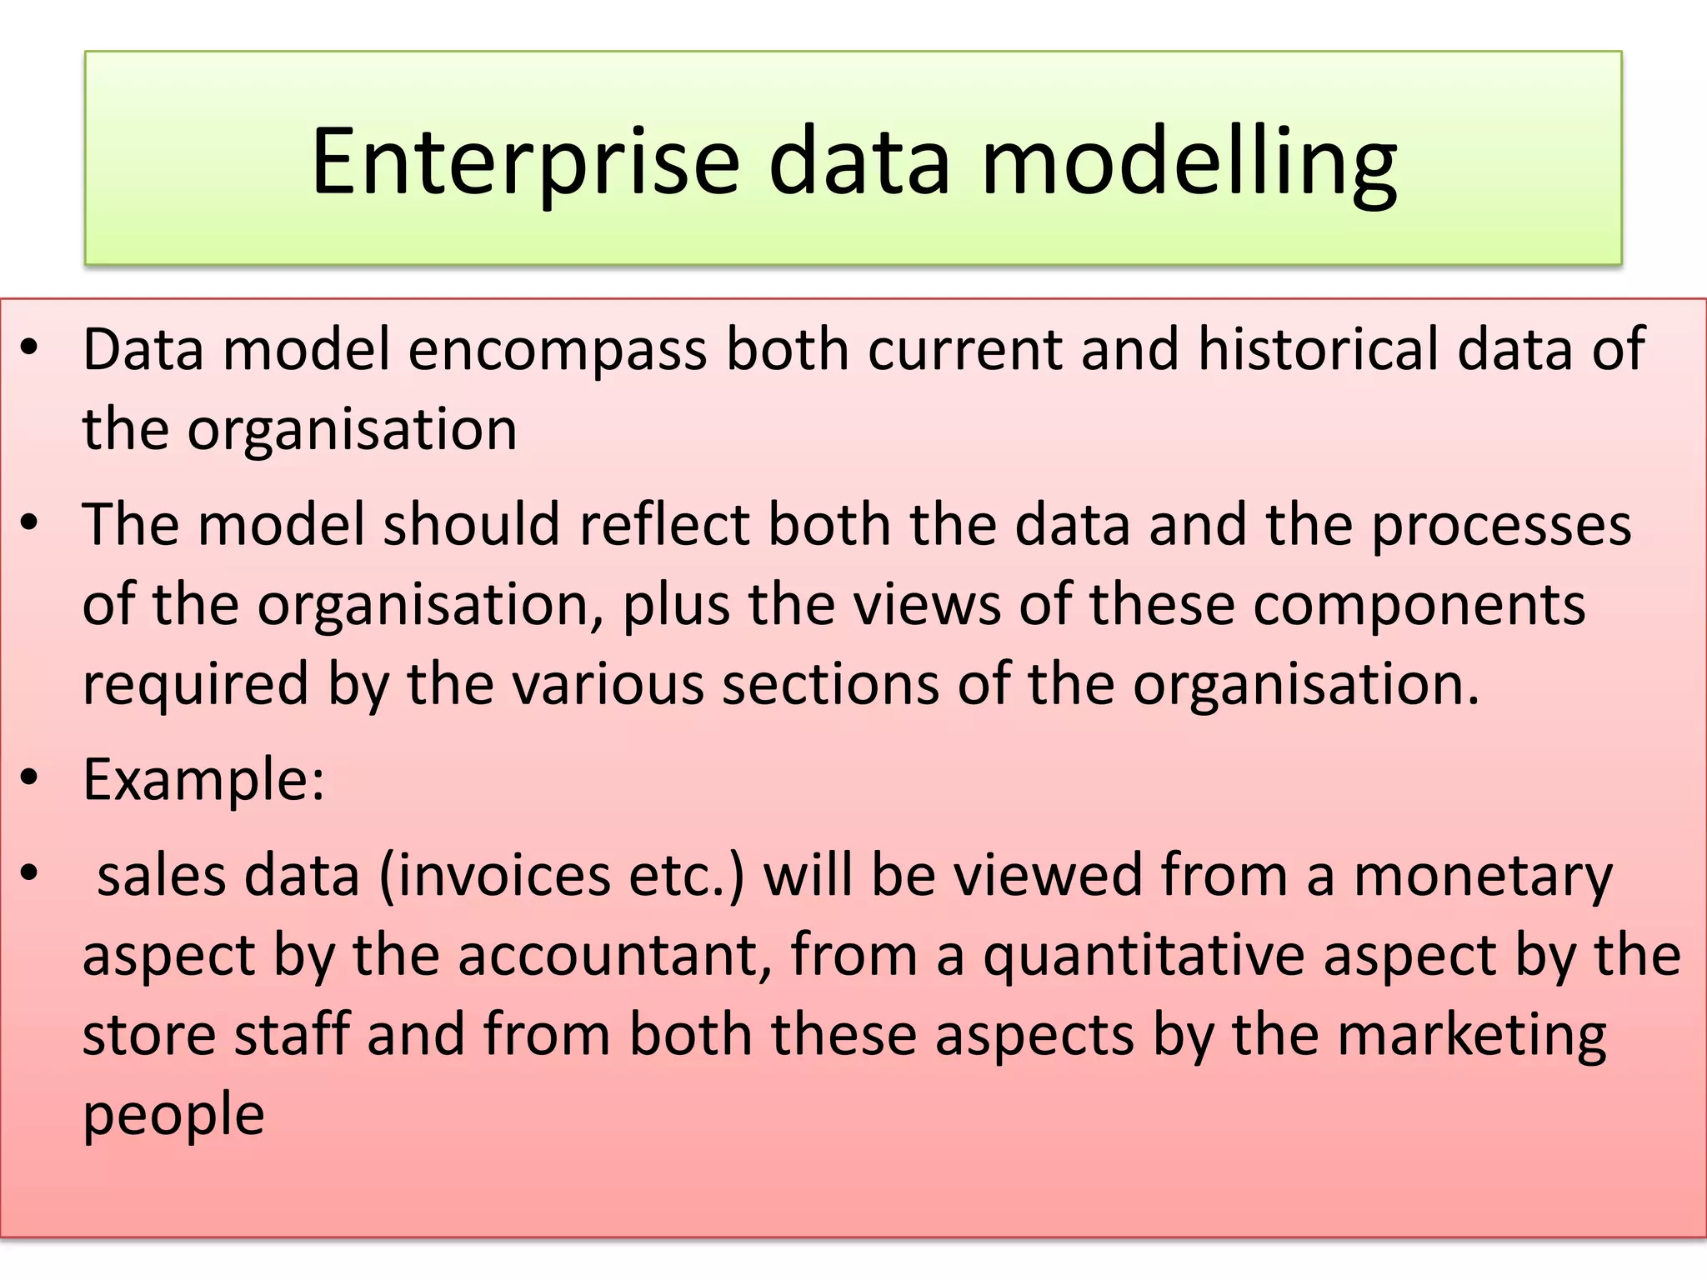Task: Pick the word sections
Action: pyautogui.click(x=830, y=684)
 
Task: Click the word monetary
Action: pyautogui.click(x=1483, y=877)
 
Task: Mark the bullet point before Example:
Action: pyautogui.click(x=30, y=778)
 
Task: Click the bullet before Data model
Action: pyautogui.click(x=30, y=349)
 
